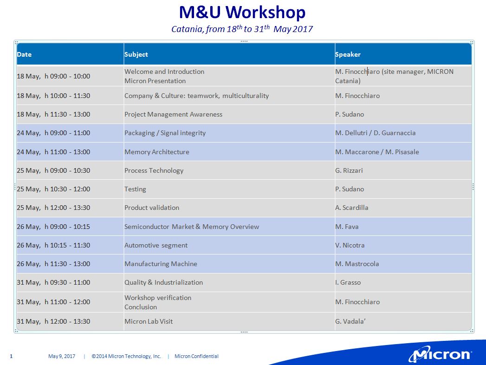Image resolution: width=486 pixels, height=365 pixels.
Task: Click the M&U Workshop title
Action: [242, 13]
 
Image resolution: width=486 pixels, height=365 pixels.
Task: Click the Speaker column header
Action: [348, 54]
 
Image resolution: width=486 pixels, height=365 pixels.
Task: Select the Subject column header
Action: [136, 54]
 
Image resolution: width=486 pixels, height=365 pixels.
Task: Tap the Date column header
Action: [24, 54]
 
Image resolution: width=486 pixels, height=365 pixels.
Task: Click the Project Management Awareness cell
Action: [173, 114]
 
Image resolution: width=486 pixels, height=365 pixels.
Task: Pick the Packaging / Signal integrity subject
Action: [165, 133]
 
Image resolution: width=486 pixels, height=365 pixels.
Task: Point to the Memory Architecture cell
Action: [157, 152]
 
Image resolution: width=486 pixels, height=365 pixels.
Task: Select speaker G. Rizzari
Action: [349, 170]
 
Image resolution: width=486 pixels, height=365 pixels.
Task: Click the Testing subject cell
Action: [135, 189]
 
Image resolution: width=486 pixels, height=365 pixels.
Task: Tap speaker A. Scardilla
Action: [352, 208]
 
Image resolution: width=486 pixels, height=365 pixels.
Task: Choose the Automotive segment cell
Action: [156, 245]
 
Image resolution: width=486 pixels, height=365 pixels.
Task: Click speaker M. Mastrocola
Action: [357, 264]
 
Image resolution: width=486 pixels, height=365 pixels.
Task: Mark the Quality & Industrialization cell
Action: [164, 282]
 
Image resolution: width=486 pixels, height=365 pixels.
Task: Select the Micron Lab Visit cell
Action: [149, 322]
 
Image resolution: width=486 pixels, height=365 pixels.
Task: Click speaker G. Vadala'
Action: [350, 322]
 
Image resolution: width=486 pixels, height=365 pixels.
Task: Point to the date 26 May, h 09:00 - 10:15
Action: [53, 227]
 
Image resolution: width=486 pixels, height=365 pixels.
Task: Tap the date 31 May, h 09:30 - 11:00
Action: [53, 282]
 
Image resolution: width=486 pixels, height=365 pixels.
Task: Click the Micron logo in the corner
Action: [441, 354]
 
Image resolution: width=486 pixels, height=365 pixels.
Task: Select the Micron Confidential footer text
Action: [196, 356]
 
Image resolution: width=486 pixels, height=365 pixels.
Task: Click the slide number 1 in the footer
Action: [12, 356]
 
